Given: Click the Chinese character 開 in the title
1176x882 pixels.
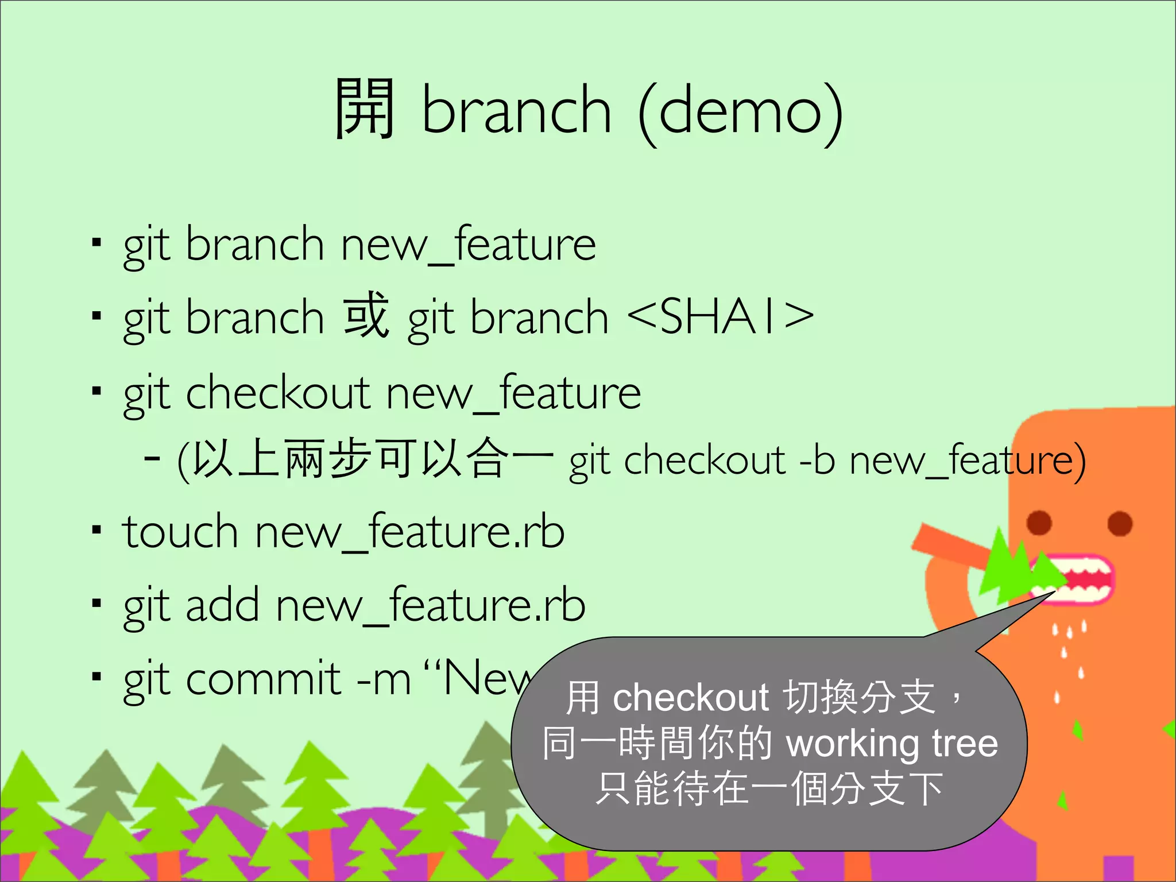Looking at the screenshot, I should point(365,109).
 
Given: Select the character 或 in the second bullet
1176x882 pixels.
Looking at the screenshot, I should point(366,316).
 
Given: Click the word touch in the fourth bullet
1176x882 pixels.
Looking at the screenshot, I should point(180,532).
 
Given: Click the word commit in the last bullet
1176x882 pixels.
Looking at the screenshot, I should point(264,679).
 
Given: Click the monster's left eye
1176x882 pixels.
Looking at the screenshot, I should point(1039,523).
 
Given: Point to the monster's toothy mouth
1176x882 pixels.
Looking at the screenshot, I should point(1080,579).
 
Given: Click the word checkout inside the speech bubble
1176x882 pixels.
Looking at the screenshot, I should point(691,698).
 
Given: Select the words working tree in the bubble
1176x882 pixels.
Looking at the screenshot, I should point(891,744).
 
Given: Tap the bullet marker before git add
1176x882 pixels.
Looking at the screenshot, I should point(96,604).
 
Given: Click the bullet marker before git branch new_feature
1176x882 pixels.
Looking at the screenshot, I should point(96,243).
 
